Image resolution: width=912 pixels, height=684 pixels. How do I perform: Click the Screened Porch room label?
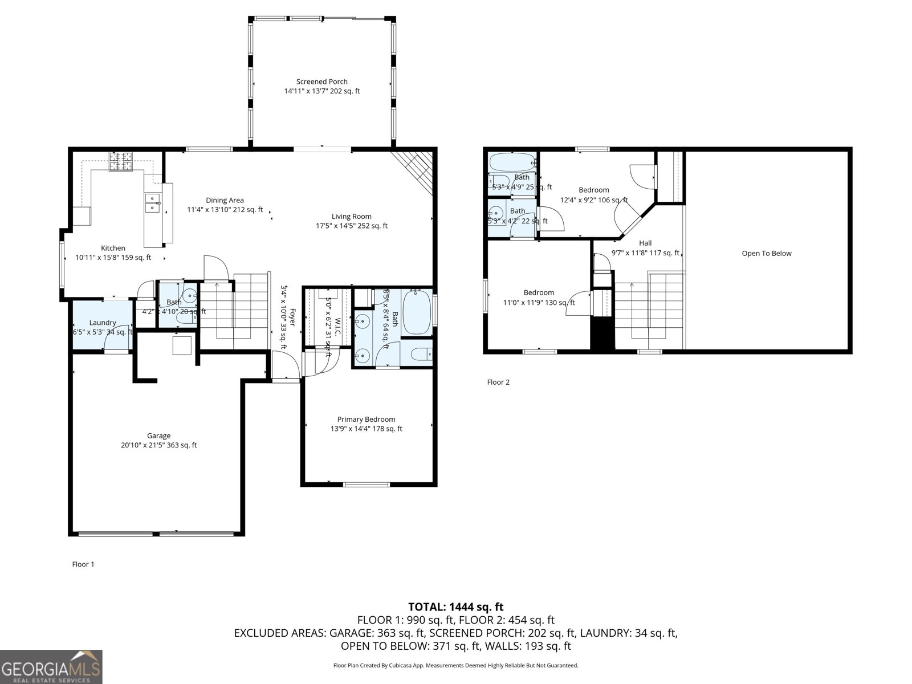322,82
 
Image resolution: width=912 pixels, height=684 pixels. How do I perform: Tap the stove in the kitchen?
121,161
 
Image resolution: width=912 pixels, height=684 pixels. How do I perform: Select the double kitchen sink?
152,202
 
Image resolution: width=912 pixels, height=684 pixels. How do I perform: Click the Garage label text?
158,436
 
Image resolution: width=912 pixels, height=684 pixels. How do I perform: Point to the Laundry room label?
103,323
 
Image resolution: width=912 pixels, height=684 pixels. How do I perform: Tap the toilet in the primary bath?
422,355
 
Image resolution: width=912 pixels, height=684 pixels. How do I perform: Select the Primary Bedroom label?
366,420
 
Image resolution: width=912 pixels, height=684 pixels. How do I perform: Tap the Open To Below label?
766,254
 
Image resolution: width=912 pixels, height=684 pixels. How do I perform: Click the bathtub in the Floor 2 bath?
512,162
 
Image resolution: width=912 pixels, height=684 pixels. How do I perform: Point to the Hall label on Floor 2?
645,243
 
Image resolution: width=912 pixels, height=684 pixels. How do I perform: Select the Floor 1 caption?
83,564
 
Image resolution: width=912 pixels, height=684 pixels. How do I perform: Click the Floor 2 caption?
498,382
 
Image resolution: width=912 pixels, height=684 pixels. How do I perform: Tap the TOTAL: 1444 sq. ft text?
455,607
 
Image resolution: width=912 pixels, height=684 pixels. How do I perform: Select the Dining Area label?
225,200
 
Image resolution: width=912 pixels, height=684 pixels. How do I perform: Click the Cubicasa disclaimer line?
455,665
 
